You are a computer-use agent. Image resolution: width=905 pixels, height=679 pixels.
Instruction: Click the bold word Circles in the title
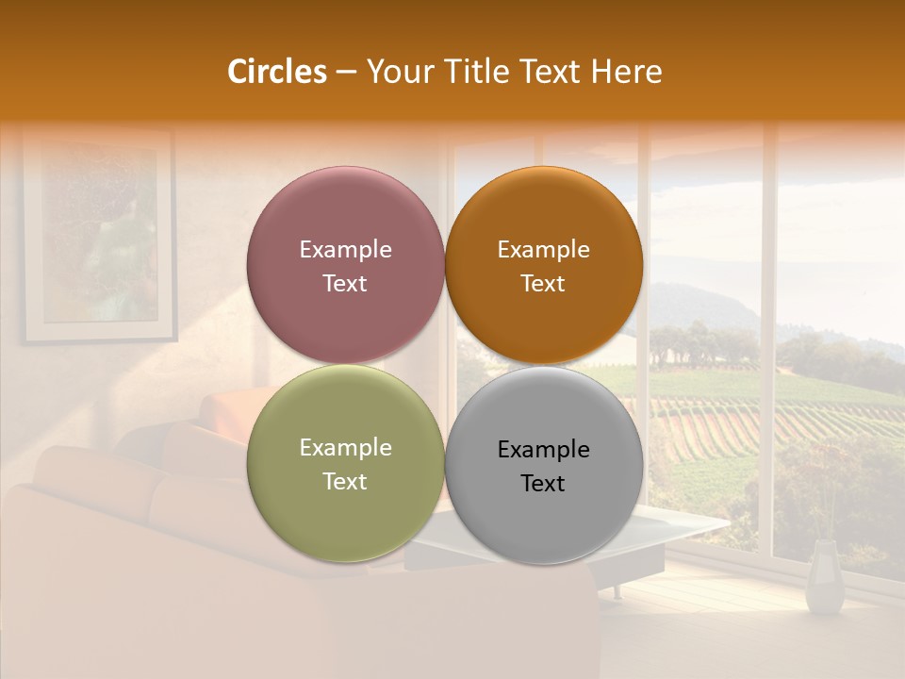pyautogui.click(x=276, y=72)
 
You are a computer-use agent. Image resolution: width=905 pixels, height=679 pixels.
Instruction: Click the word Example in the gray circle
pyautogui.click(x=543, y=450)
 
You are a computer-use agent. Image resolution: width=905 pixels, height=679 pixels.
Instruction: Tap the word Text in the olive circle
pyautogui.click(x=345, y=482)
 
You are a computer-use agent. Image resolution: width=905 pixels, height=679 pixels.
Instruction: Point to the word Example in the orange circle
pyautogui.click(x=543, y=250)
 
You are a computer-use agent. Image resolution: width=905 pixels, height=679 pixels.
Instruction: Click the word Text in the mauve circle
pyautogui.click(x=345, y=284)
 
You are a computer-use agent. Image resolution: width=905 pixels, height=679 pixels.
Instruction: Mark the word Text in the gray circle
pyautogui.click(x=543, y=484)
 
